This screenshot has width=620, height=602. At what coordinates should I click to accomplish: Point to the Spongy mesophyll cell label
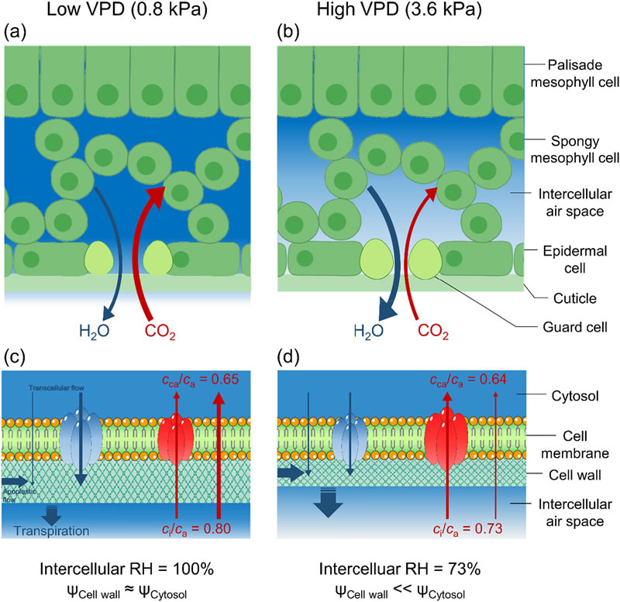click(x=573, y=149)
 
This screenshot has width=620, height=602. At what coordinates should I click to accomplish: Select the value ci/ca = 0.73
click(x=464, y=528)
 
